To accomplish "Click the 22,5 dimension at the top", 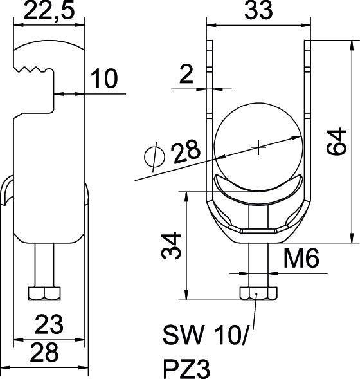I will pos(49,11).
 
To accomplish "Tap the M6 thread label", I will pos(301,259).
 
